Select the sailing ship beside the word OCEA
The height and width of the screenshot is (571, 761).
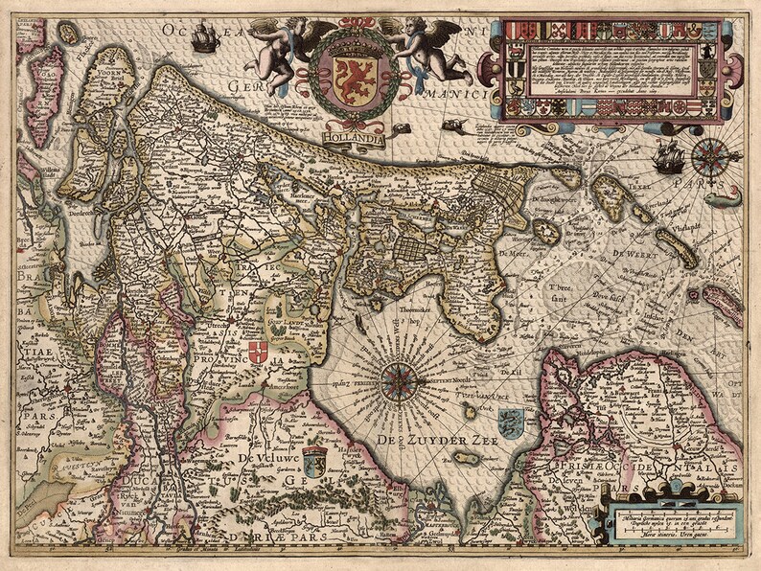coord(205,37)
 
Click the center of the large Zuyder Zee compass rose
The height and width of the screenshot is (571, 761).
coord(396,381)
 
